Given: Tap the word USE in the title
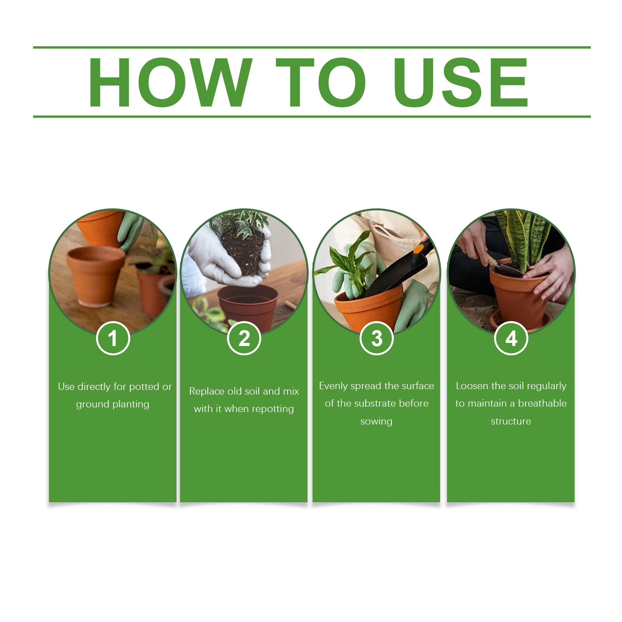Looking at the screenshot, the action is click(461, 82).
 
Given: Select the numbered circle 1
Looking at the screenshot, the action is click(113, 338).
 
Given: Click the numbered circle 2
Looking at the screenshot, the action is click(244, 338).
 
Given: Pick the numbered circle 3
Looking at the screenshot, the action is click(377, 338).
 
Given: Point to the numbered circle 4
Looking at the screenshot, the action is click(511, 338).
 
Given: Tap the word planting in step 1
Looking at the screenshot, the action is click(131, 405).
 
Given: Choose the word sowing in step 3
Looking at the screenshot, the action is click(376, 421).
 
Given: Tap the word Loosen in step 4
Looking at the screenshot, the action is click(472, 386).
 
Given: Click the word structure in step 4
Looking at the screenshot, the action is click(511, 421).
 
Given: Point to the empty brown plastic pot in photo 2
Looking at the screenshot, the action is click(248, 307).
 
